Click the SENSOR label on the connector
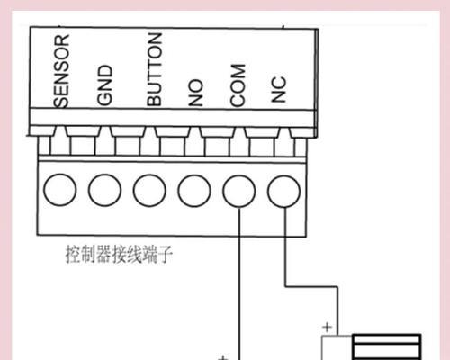[x=61, y=71]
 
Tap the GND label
[x=104, y=85]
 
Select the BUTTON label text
[x=155, y=69]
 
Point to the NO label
[x=195, y=93]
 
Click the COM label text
[x=238, y=85]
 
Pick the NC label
[x=278, y=89]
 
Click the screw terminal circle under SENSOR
[x=59, y=190]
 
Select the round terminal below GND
[x=104, y=190]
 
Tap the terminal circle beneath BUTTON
[x=149, y=191]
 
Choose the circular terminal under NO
[x=194, y=191]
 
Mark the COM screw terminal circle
[x=239, y=191]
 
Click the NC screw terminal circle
[x=283, y=192]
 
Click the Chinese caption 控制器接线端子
[x=119, y=255]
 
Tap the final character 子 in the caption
[x=166, y=255]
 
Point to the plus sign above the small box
[x=328, y=327]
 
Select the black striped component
[x=387, y=346]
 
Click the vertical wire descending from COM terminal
[x=239, y=283]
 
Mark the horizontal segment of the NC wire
[x=311, y=286]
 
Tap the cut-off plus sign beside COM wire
[x=222, y=357]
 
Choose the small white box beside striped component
[x=337, y=348]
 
